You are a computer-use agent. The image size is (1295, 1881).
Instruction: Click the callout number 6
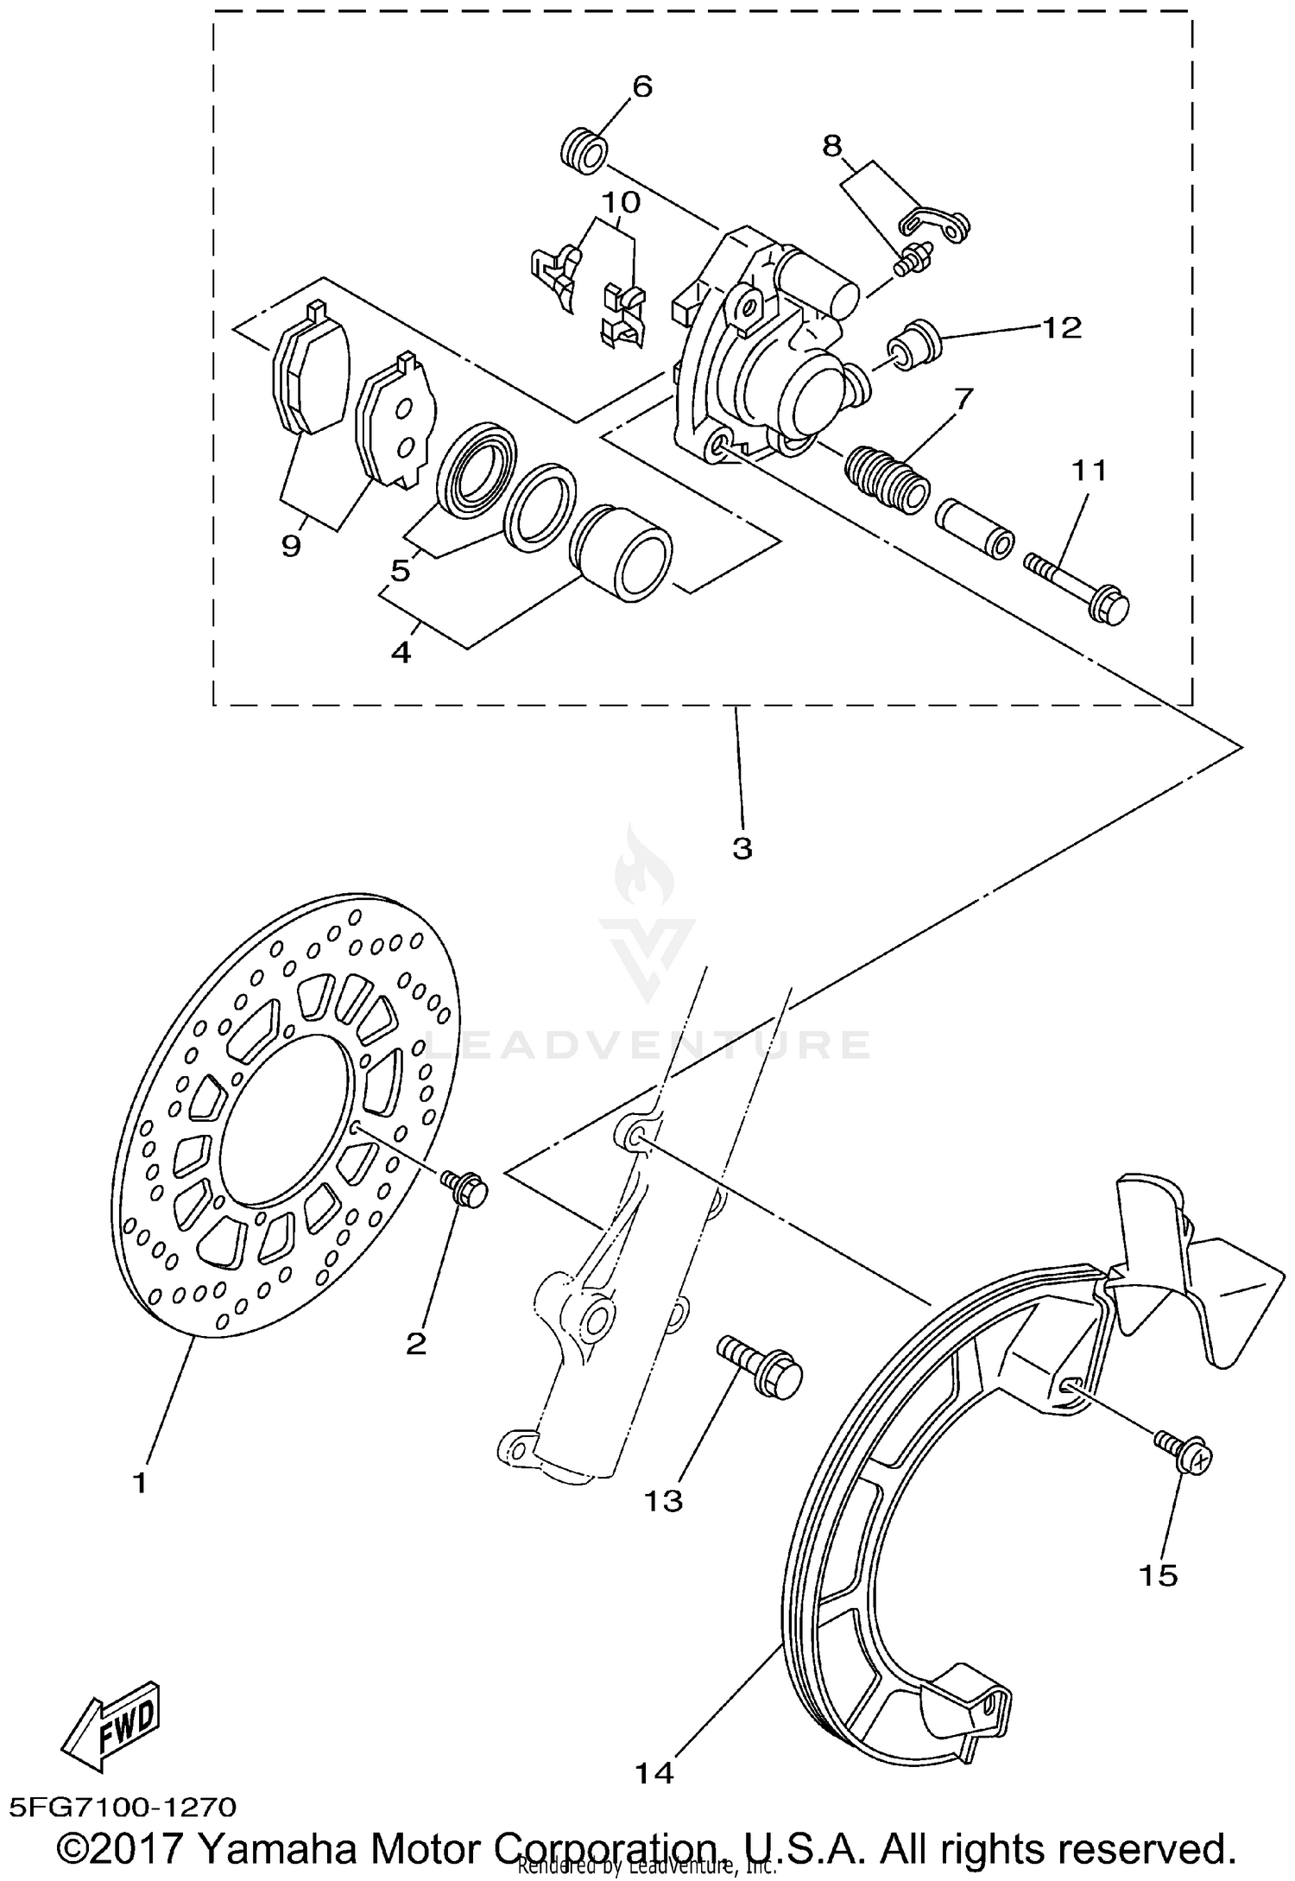coord(642,86)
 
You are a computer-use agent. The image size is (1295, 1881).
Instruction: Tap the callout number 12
coord(1061,327)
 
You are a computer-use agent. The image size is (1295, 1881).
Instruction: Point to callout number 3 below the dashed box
coord(742,848)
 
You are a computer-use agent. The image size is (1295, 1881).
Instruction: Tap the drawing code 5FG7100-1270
coord(123,1807)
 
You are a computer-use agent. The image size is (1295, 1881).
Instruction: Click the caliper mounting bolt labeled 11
coord(1079,587)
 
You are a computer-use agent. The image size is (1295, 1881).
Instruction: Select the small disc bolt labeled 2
coord(465,1188)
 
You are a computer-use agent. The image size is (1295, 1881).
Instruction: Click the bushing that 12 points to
coord(916,342)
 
